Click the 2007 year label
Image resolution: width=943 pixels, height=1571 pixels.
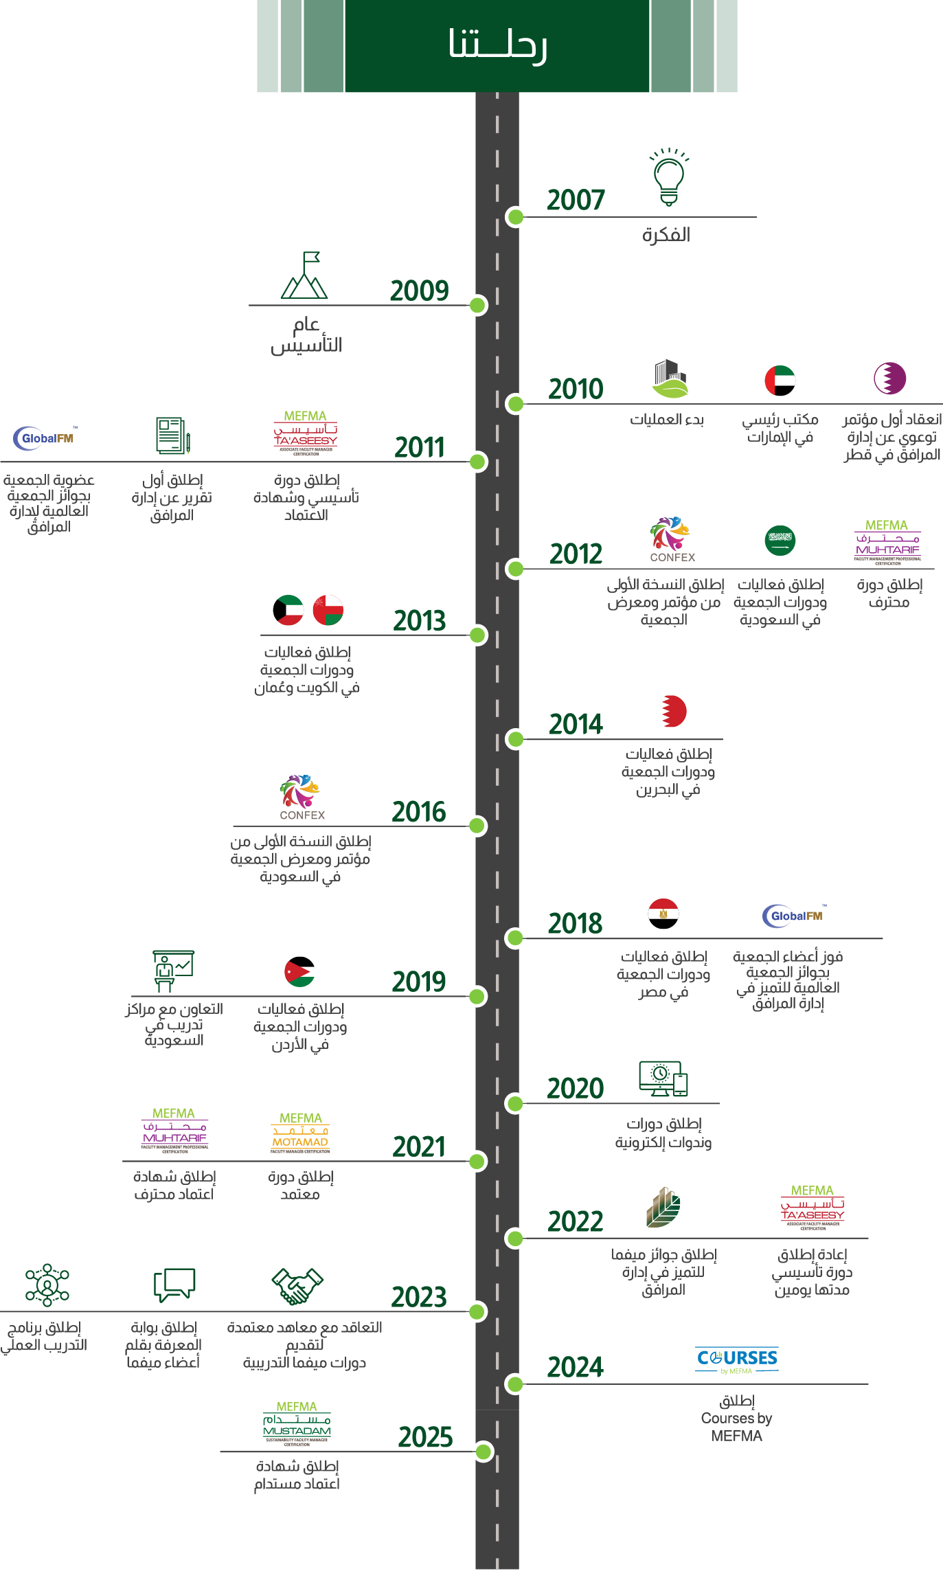576,201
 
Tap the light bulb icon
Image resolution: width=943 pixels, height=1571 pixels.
669,177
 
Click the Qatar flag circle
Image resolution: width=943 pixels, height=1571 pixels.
889,378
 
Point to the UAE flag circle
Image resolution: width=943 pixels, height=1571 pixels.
780,381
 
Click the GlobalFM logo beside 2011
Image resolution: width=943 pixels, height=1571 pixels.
46,438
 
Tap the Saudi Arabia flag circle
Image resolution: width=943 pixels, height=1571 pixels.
780,541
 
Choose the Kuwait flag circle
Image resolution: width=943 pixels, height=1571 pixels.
288,610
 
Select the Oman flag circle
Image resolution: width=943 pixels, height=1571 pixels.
328,610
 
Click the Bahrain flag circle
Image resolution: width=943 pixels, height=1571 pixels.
673,711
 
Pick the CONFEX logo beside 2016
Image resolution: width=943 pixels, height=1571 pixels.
302,798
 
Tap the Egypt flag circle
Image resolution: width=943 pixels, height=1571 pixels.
663,914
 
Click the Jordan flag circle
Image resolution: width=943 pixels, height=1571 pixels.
299,971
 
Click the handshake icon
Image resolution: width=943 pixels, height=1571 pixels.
297,1286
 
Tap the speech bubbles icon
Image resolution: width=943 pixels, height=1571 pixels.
174,1285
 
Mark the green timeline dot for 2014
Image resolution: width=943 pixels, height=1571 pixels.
514,739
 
